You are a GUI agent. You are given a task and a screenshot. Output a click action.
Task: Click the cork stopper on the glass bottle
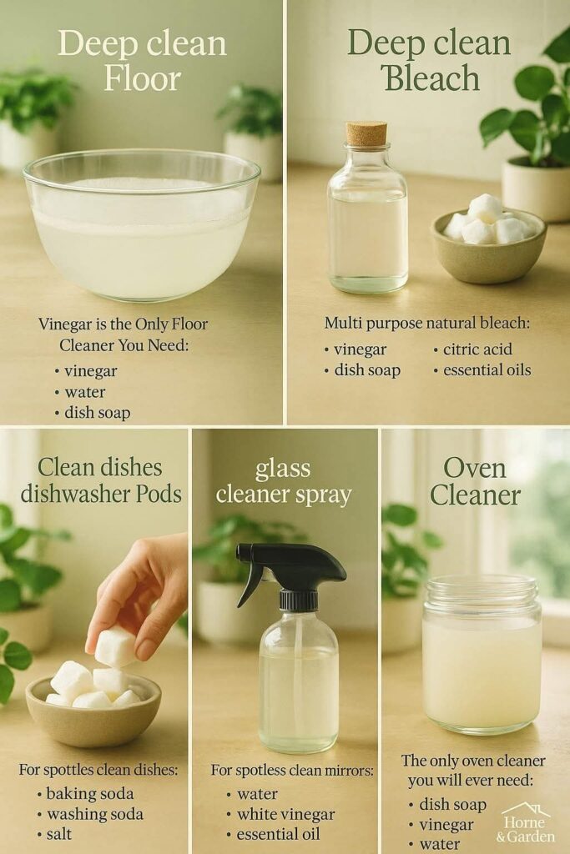(x=366, y=133)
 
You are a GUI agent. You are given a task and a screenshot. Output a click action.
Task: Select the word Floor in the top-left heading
(x=142, y=78)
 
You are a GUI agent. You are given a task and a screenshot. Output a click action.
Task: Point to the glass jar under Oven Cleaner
(x=482, y=654)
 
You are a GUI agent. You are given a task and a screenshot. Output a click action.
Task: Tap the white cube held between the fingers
(x=115, y=646)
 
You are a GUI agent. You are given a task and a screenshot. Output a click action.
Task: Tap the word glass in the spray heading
(x=283, y=470)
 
